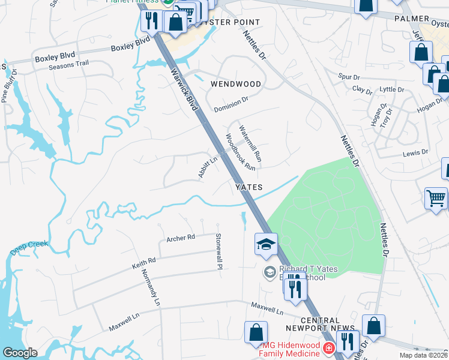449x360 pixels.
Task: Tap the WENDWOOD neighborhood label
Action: [236, 85]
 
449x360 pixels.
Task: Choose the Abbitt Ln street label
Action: [208, 167]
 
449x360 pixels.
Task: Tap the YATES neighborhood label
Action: [249, 187]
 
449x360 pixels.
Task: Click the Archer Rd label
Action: [181, 238]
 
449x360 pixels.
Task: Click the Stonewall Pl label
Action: [219, 251]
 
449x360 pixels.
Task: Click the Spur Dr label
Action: [348, 77]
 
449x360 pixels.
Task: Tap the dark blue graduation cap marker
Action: [265, 244]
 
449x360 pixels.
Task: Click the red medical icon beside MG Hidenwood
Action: [328, 348]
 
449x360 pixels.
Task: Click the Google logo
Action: [20, 353]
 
